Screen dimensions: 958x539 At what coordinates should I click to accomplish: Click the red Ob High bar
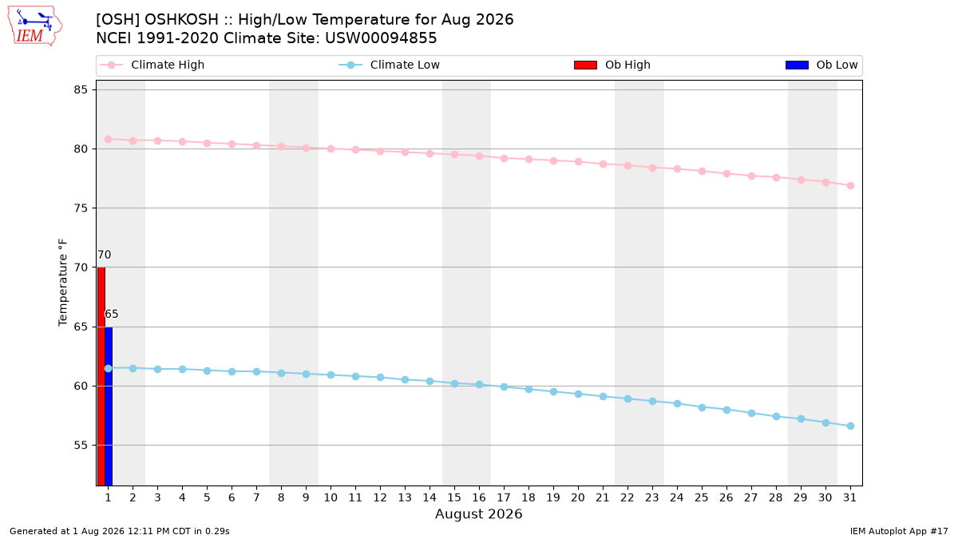point(101,376)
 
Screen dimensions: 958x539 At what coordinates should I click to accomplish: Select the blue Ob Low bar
point(109,406)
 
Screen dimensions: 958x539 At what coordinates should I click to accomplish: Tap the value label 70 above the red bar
point(105,255)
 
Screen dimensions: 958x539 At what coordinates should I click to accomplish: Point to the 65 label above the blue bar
point(112,315)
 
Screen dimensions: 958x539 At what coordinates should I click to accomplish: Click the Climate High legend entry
point(152,65)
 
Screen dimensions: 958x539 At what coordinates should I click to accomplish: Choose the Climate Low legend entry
point(390,65)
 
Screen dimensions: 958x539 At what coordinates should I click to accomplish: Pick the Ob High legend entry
point(612,65)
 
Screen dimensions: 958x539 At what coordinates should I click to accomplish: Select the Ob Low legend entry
point(821,65)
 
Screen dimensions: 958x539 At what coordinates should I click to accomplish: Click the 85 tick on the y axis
point(81,89)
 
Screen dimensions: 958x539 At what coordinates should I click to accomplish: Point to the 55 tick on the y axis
point(81,446)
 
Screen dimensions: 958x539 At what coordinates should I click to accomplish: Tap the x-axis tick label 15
point(454,497)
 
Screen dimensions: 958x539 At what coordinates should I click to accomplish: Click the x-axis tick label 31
point(849,497)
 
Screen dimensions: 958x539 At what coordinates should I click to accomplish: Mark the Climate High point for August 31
point(851,185)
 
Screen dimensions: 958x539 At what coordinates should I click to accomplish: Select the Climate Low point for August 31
point(851,426)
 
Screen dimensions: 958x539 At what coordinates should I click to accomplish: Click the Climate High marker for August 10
point(331,149)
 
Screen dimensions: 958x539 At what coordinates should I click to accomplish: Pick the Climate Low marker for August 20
point(578,394)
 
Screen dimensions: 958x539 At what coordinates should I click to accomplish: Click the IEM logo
point(34,26)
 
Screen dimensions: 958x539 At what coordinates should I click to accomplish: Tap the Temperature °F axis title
point(63,283)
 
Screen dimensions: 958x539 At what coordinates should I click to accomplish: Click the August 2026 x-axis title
point(478,513)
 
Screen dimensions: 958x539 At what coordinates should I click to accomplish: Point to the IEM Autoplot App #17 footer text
point(899,531)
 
